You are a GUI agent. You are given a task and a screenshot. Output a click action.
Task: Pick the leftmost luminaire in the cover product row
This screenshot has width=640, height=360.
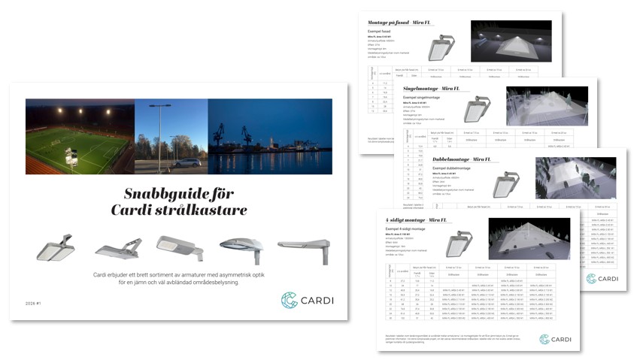coord(56,247)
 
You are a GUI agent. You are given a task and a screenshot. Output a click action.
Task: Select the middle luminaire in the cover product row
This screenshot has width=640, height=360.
coord(179,247)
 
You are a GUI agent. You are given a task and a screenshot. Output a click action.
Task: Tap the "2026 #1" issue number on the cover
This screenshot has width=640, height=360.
coord(35,304)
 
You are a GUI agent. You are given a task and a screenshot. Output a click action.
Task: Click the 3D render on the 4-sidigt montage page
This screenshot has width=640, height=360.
coord(529,239)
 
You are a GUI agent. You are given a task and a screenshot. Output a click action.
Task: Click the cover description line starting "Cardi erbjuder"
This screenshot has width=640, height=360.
coord(179,276)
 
